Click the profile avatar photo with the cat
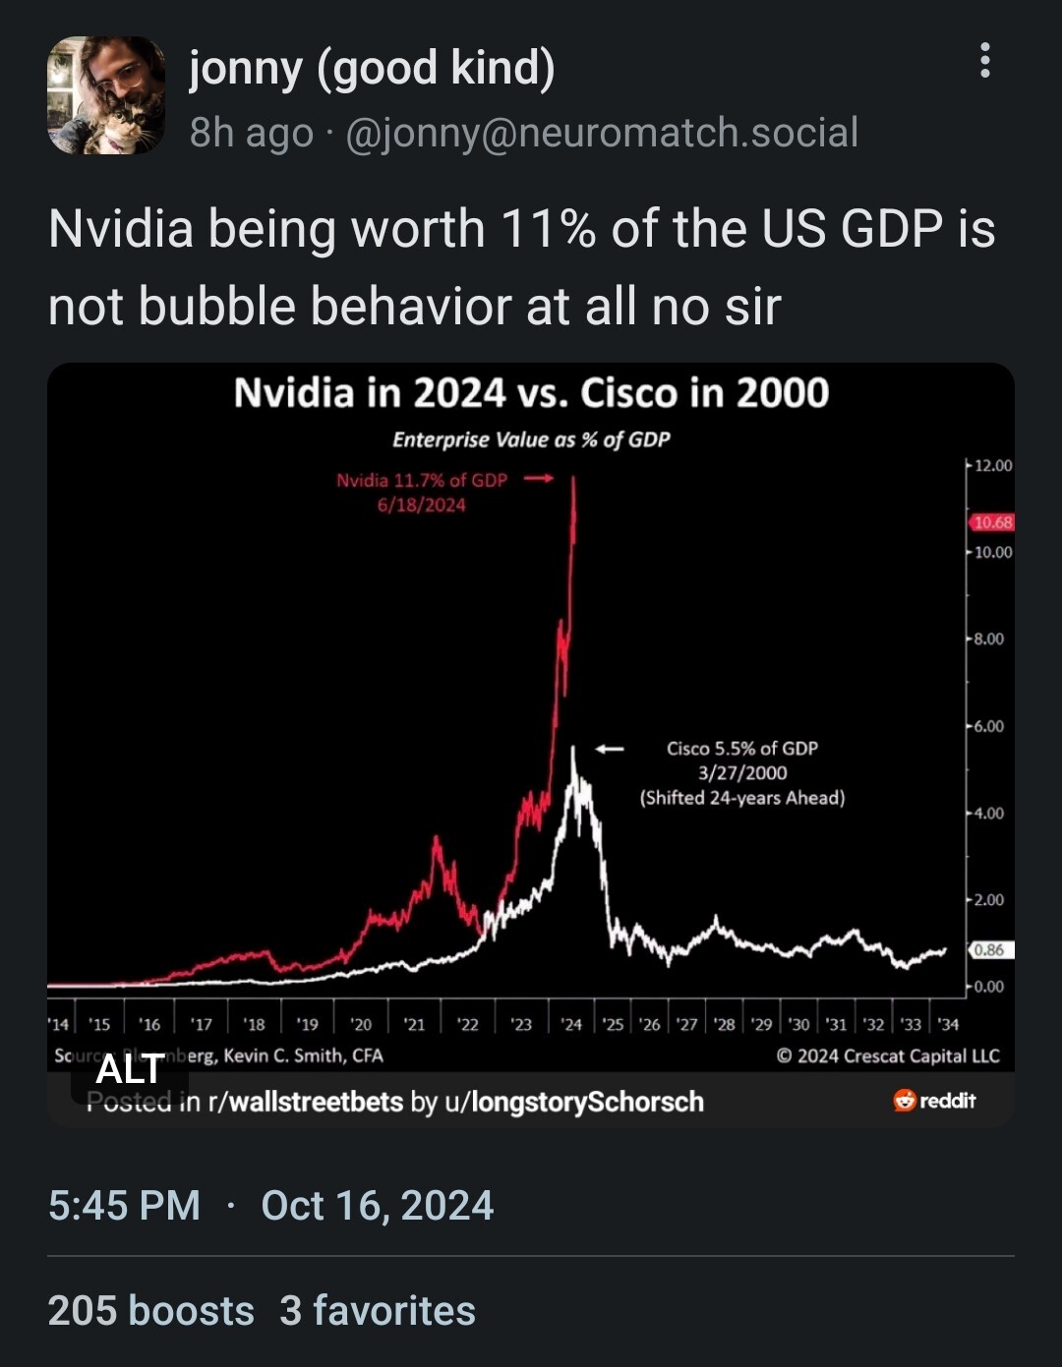[x=106, y=95]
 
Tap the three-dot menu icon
[x=984, y=61]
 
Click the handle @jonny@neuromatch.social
[x=602, y=132]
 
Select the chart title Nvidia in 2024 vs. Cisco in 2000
[x=531, y=393]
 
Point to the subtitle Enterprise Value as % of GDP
[x=531, y=439]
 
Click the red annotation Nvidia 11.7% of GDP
[x=422, y=481]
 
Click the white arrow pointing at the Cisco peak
[x=610, y=749]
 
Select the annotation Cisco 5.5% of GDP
[x=742, y=749]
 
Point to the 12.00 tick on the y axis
[x=992, y=465]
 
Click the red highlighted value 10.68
[x=992, y=522]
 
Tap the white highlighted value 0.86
[x=989, y=949]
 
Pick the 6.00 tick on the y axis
[x=989, y=726]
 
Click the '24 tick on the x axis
[x=571, y=1024]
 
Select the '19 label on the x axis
[x=308, y=1024]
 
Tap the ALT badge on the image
[x=130, y=1069]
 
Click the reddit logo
[x=934, y=1101]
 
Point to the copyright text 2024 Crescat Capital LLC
[x=888, y=1055]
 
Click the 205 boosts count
[x=150, y=1311]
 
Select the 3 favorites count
[x=378, y=1311]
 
